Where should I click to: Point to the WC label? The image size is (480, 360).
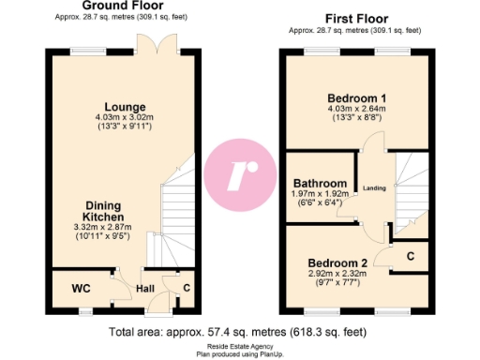(x=81, y=288)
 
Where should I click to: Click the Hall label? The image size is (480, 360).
(x=144, y=289)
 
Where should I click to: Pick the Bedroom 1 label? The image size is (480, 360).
(x=356, y=98)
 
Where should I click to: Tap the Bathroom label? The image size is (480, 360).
(x=321, y=183)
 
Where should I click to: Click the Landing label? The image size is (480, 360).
(x=375, y=187)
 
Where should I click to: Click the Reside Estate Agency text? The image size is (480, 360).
(x=238, y=346)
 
